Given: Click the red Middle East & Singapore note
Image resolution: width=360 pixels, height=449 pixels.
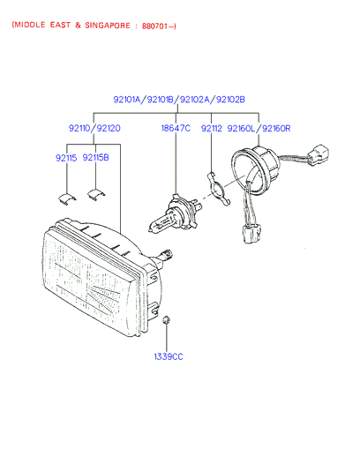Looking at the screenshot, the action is [94, 26].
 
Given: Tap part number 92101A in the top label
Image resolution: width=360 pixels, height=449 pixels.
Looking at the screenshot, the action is [127, 100].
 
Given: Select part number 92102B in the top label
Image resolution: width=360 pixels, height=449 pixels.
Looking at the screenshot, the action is [230, 100].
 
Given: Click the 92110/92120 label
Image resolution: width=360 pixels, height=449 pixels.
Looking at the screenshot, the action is [94, 128].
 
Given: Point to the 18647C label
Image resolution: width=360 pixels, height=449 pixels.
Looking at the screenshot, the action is [176, 128].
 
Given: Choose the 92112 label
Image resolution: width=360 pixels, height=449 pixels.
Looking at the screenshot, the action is [211, 129].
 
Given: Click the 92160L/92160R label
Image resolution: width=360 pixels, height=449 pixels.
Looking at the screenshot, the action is [259, 129].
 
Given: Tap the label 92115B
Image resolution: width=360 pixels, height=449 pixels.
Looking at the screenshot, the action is [95, 158].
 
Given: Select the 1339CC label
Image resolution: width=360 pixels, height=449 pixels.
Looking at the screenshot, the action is [169, 356].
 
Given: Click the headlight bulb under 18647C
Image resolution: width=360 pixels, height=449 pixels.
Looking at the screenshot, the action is [175, 214].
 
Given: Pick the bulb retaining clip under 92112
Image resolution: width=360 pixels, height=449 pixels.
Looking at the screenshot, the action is [218, 189].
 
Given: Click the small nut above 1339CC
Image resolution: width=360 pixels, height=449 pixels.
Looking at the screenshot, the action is [167, 320].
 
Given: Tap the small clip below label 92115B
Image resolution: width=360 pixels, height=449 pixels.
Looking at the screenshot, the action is [96, 194].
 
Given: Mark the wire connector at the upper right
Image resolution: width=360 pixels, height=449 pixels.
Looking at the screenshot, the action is [318, 154].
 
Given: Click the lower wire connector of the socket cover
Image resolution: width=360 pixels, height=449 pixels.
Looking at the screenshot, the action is [251, 234].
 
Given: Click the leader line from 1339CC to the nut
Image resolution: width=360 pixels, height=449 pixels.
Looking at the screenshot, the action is [167, 338].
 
